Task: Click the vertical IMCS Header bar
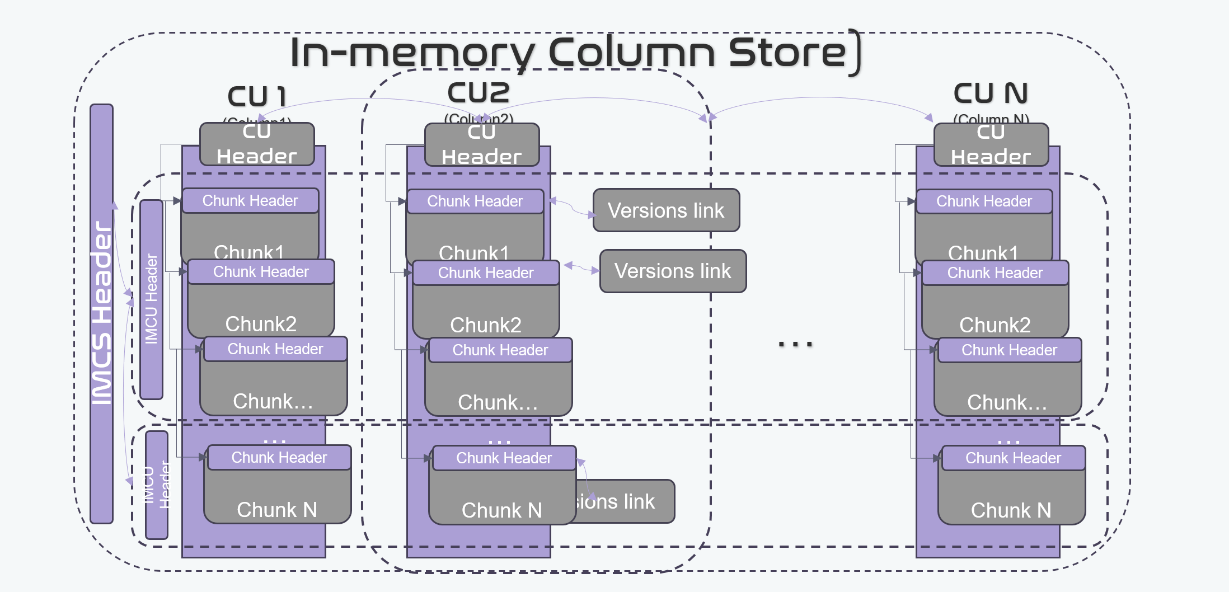(x=101, y=313)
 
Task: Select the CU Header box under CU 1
(x=257, y=144)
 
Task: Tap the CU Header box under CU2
(x=482, y=145)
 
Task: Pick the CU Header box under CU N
(x=991, y=145)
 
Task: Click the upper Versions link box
(x=666, y=210)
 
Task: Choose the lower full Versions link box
(x=673, y=271)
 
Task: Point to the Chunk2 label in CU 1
(x=261, y=323)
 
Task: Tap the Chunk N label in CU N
(x=1011, y=510)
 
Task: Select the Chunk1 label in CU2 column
(x=473, y=252)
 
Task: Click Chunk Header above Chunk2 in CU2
(x=485, y=273)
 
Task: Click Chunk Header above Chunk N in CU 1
(x=279, y=458)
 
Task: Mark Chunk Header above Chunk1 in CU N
(x=984, y=201)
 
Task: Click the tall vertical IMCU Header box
(x=151, y=299)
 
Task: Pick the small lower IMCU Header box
(x=156, y=485)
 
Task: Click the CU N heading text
(x=991, y=93)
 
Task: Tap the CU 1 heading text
(x=257, y=96)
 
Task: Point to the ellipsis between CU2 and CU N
(x=795, y=344)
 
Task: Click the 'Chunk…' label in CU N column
(x=1006, y=402)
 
